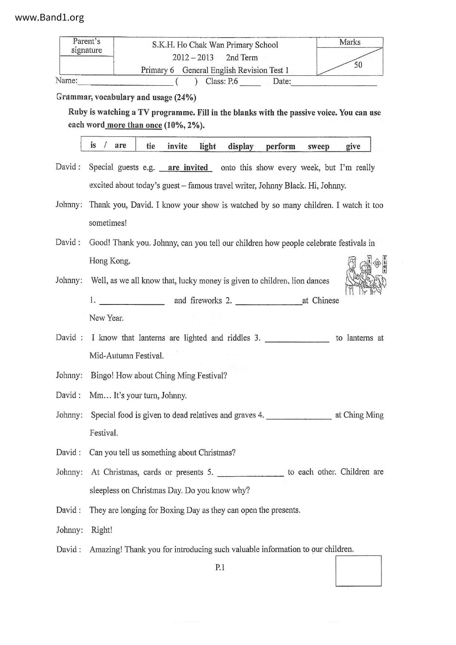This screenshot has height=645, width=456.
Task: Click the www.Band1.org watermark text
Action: click(x=50, y=17)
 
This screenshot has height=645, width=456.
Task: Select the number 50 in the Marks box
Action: click(x=358, y=65)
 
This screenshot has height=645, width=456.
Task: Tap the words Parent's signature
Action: click(x=86, y=46)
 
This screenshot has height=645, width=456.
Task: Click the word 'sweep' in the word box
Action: click(x=318, y=146)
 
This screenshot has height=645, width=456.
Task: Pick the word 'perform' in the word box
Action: click(x=281, y=146)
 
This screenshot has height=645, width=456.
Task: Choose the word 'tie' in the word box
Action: click(x=151, y=146)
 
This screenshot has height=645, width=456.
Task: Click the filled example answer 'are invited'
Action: click(x=188, y=168)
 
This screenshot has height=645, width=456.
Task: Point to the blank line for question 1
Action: click(x=132, y=302)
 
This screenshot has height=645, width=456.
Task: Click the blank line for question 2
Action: click(x=268, y=302)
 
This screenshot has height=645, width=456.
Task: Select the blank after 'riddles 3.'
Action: click(x=297, y=339)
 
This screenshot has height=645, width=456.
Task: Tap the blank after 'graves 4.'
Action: click(x=299, y=416)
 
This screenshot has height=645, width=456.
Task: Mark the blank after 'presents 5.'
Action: click(x=250, y=473)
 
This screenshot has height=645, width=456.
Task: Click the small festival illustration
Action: click(x=366, y=275)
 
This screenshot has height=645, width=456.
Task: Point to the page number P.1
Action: click(x=220, y=567)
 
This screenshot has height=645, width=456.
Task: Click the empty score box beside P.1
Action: click(x=358, y=571)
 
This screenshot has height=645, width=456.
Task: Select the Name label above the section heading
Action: click(x=67, y=81)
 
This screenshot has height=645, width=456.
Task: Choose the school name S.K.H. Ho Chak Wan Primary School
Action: click(x=215, y=45)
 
